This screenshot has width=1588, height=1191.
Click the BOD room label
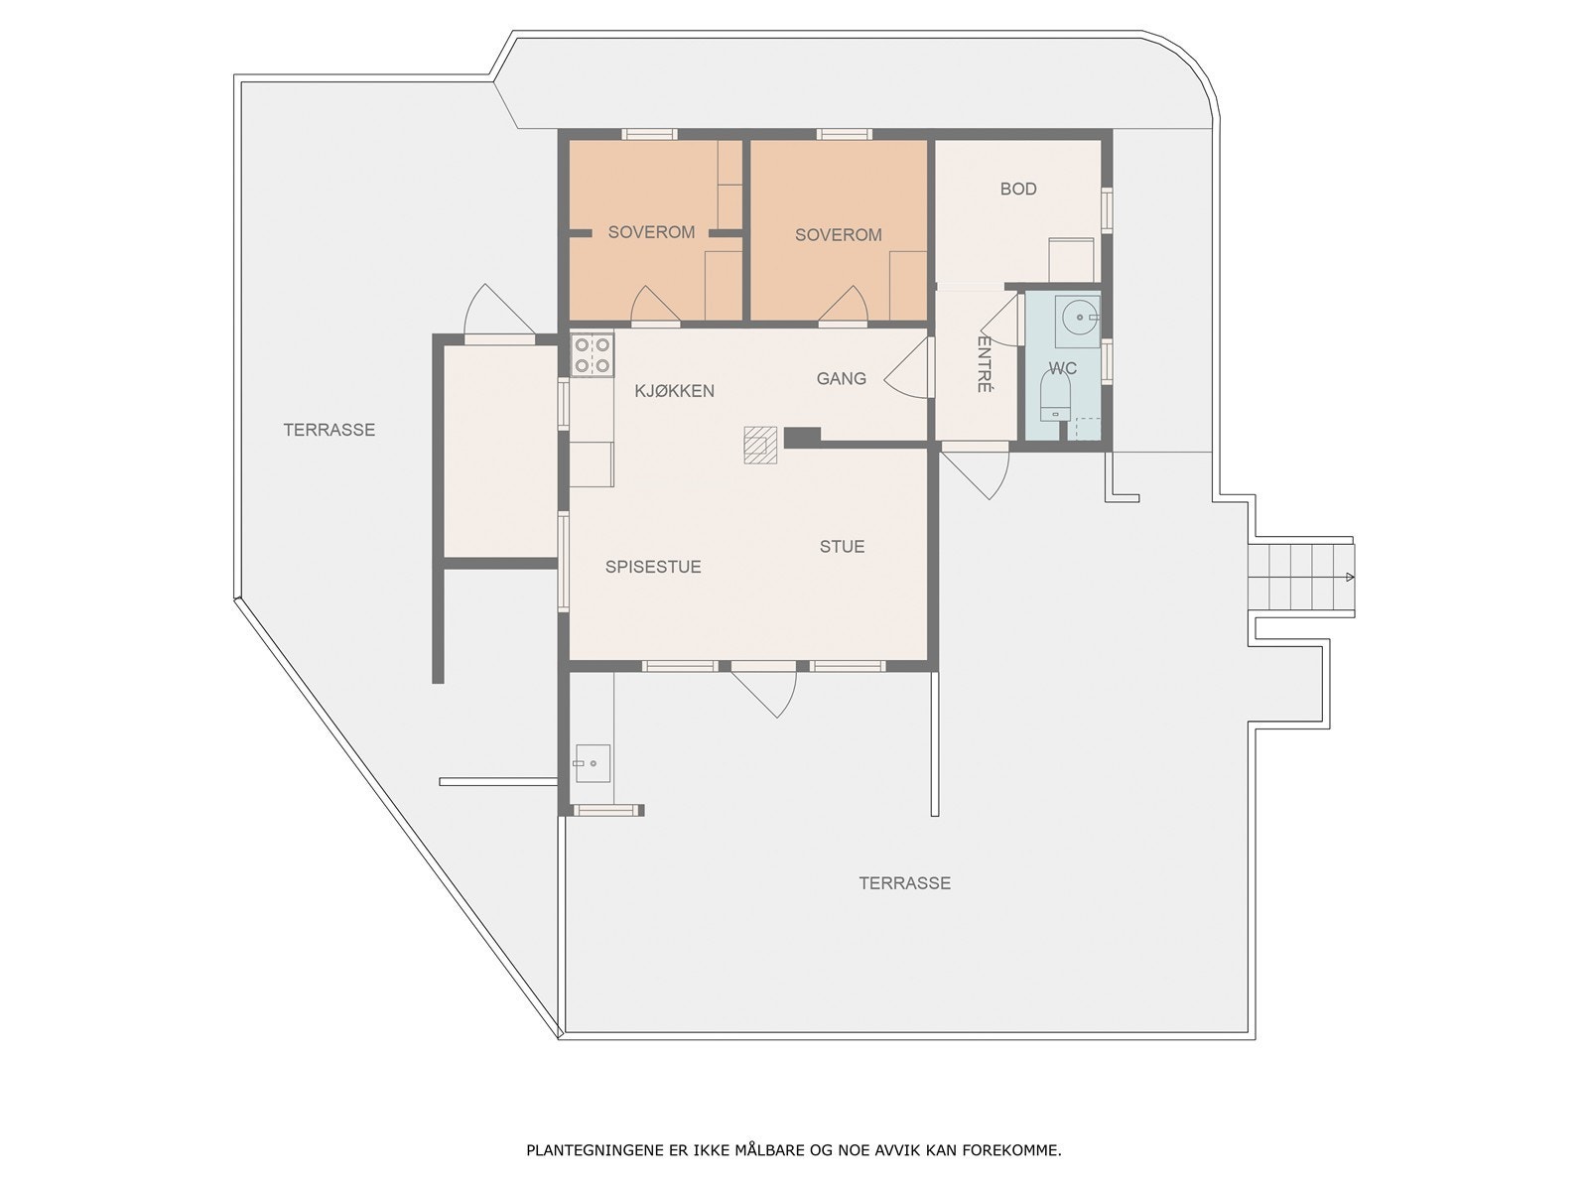click(1018, 189)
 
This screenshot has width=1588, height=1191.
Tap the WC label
click(1063, 368)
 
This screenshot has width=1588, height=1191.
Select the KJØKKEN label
click(674, 391)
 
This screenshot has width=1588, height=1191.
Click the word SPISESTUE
click(653, 567)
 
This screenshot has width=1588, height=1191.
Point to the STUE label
click(842, 546)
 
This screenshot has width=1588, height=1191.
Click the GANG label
click(841, 378)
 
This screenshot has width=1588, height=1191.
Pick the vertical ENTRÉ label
click(984, 364)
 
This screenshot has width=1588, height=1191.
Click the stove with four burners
click(592, 355)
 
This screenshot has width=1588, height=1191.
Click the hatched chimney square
click(761, 445)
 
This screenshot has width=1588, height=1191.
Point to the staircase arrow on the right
click(1349, 577)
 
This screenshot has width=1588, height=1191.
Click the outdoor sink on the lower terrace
click(592, 763)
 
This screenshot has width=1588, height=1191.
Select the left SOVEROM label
click(651, 232)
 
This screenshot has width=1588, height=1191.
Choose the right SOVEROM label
click(838, 235)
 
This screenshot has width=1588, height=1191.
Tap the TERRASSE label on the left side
click(329, 430)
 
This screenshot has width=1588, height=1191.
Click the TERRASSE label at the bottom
click(904, 882)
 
